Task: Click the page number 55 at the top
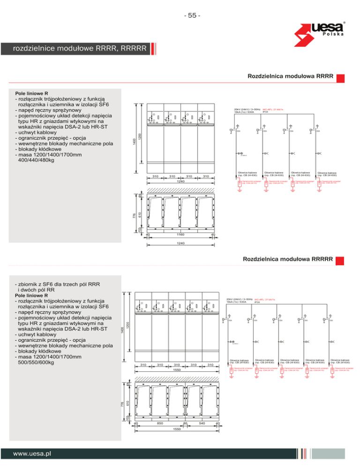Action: (x=192, y=15)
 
